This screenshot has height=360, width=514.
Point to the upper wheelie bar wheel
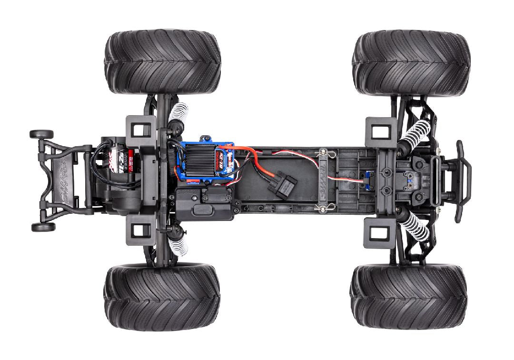tap(41, 134)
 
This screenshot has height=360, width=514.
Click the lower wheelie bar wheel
tap(43, 227)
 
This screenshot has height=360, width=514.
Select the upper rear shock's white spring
tap(178, 114)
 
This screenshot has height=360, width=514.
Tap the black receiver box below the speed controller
tap(205, 202)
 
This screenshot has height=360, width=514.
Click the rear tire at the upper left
tap(163, 62)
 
